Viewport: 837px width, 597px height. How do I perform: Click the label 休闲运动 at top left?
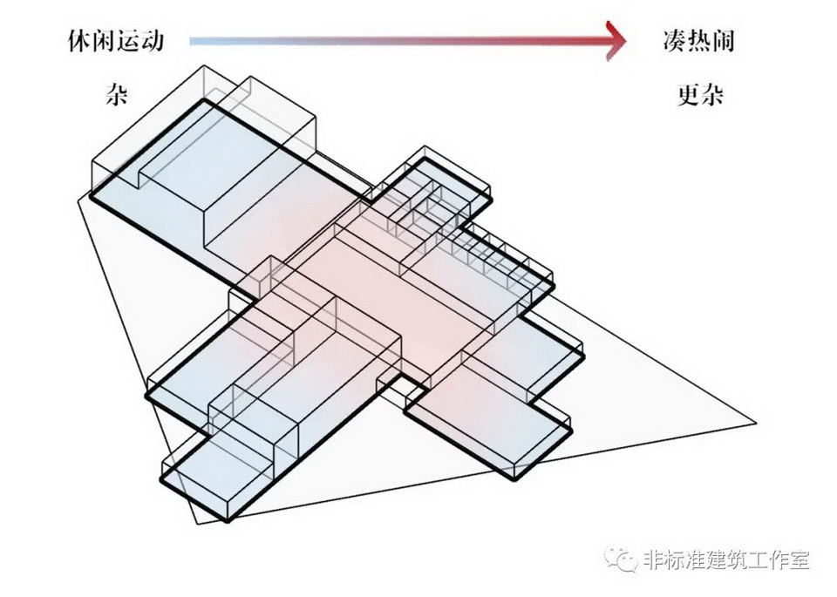pos(114,41)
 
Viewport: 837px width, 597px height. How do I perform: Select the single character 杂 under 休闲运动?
pos(116,95)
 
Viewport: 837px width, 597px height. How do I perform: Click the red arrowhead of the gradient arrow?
pos(616,40)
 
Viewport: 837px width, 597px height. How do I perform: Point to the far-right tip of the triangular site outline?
pos(755,424)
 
